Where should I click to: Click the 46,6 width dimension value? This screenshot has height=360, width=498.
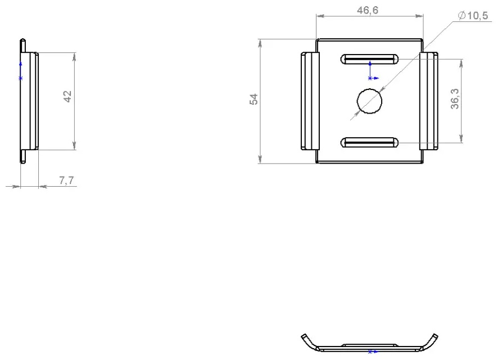pos(368,10)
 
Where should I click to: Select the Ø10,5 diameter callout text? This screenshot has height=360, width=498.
pos(473,15)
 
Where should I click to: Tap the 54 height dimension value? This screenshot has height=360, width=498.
pos(253,99)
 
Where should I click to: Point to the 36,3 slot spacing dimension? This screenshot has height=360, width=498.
pos(455,99)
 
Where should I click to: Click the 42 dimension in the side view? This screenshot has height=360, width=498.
pos(67,96)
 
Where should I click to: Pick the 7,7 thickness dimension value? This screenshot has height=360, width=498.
pos(66,180)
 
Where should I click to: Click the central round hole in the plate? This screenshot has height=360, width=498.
pos(369,101)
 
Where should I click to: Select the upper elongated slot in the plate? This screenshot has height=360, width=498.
pos(369,59)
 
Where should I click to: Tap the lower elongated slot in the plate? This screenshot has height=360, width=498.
pos(369,143)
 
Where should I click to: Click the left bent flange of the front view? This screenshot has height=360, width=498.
pos(310,101)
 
